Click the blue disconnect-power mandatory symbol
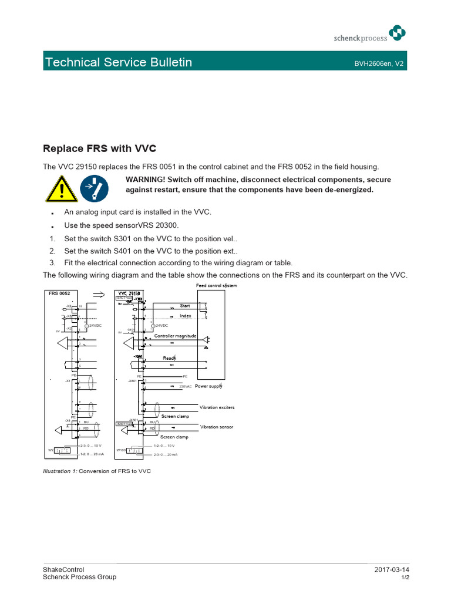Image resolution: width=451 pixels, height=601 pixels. pyautogui.click(x=93, y=188)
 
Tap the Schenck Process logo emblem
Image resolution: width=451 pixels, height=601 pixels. pyautogui.click(x=398, y=34)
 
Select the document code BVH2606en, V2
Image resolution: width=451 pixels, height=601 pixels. pyautogui.click(x=379, y=62)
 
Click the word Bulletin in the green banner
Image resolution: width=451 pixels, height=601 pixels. pyautogui.click(x=163, y=62)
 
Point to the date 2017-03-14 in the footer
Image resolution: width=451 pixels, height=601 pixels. pyautogui.click(x=391, y=570)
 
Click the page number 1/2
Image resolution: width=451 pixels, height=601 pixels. pyautogui.click(x=405, y=578)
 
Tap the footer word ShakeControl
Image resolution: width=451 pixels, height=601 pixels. pyautogui.click(x=63, y=570)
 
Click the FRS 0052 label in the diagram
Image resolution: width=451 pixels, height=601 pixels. pyautogui.click(x=59, y=292)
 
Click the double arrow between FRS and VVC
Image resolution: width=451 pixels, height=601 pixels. pyautogui.click(x=99, y=293)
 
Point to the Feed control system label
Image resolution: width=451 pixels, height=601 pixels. pyautogui.click(x=216, y=285)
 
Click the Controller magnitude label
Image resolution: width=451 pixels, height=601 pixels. pyautogui.click(x=175, y=336)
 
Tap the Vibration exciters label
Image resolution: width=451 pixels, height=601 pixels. pyautogui.click(x=217, y=407)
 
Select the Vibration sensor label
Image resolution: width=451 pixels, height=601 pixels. pyautogui.click(x=216, y=427)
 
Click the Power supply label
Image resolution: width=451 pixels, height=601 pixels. pyautogui.click(x=208, y=386)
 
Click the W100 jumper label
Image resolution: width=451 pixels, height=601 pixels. pyautogui.click(x=121, y=450)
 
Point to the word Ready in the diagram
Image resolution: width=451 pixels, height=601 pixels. pyautogui.click(x=169, y=357)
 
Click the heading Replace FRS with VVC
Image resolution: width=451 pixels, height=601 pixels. pyautogui.click(x=100, y=148)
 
